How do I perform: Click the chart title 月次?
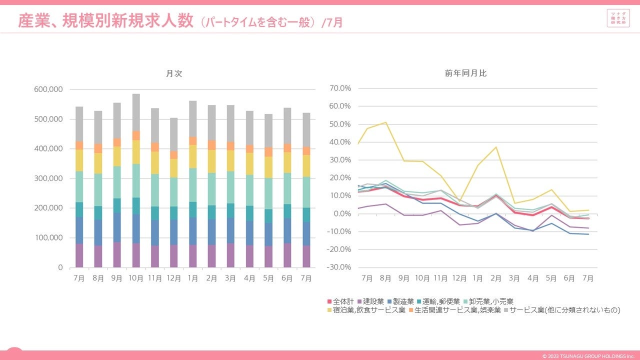pyautogui.click(x=174, y=73)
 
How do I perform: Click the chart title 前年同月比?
pyautogui.click(x=465, y=73)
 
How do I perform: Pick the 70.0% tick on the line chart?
pyautogui.click(x=340, y=88)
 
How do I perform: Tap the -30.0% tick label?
pyautogui.click(x=339, y=267)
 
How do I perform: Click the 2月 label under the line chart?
pyautogui.click(x=495, y=278)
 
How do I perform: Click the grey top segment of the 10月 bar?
pyautogui.click(x=136, y=112)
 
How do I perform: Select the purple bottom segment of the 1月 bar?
pyautogui.click(x=192, y=256)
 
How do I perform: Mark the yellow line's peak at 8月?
pyautogui.click(x=385, y=122)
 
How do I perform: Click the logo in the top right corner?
pyautogui.click(x=618, y=18)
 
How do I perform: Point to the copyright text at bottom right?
pyautogui.click(x=588, y=356)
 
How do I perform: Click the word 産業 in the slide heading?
pyautogui.click(x=33, y=21)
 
